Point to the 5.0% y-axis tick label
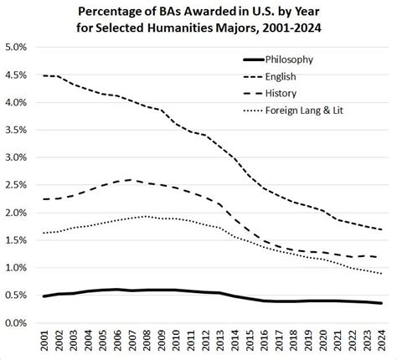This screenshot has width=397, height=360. (x=20, y=48)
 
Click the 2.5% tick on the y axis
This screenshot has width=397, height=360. (x=20, y=185)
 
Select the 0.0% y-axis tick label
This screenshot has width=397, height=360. (x=20, y=322)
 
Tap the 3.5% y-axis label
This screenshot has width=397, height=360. (x=20, y=130)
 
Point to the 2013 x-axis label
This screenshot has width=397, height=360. (x=220, y=342)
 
